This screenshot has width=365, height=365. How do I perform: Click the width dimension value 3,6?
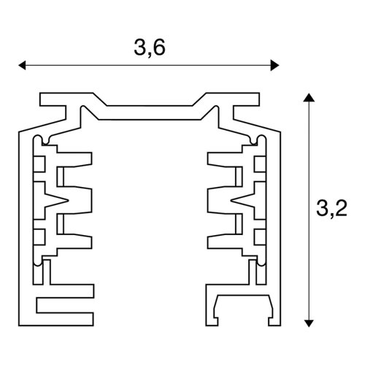(x=150, y=47)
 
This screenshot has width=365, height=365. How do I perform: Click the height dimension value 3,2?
(x=331, y=208)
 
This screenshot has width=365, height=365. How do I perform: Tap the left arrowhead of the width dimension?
(x=22, y=65)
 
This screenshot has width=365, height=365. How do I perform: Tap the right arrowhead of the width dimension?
(x=274, y=65)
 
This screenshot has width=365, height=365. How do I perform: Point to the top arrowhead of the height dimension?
(x=309, y=97)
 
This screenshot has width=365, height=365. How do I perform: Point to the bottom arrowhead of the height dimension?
(x=309, y=323)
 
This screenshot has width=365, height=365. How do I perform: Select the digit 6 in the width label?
(x=159, y=47)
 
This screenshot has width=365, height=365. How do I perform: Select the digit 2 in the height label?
(x=341, y=208)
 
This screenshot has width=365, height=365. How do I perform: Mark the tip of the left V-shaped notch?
(x=69, y=201)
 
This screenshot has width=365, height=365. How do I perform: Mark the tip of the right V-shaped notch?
(x=231, y=200)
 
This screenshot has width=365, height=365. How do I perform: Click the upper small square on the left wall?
(x=39, y=164)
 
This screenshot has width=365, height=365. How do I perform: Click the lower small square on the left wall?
(x=39, y=237)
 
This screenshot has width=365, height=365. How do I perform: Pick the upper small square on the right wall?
(x=260, y=164)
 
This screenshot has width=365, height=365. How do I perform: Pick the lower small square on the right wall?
(x=260, y=237)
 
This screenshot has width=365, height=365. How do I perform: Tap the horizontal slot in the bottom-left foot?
(x=65, y=305)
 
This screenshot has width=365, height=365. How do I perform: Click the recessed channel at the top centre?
(x=150, y=112)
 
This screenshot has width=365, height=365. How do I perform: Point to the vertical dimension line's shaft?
(x=309, y=210)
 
